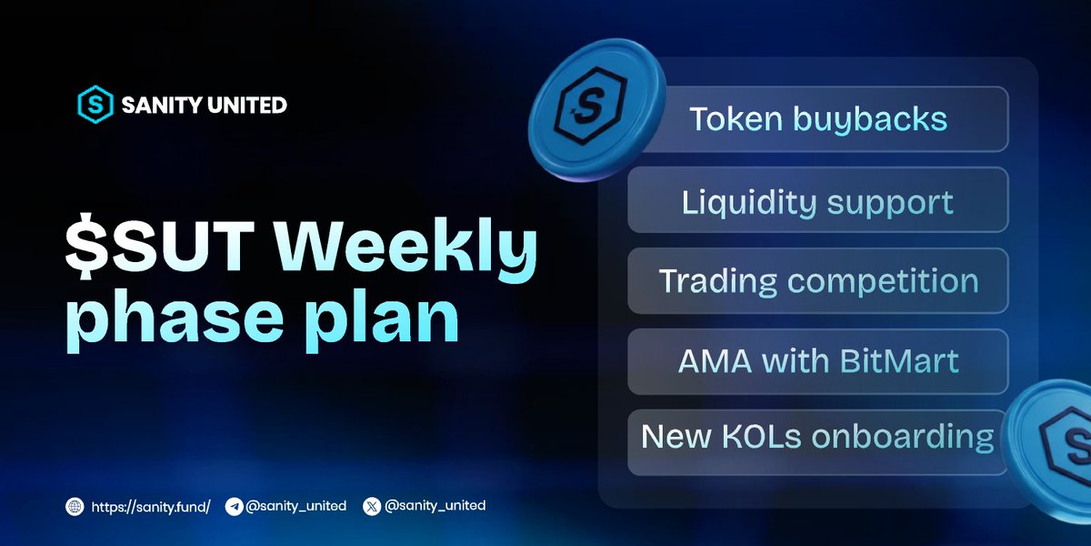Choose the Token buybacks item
pos(817,119)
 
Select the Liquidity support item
pos(817,200)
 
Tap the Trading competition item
pos(817,280)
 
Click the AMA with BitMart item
pos(817,361)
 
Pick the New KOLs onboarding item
pos(817,438)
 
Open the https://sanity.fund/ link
pos(150,505)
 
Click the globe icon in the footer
pos(74,505)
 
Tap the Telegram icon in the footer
pos(234,505)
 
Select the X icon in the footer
pos(371,505)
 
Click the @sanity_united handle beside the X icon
pos(435,505)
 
